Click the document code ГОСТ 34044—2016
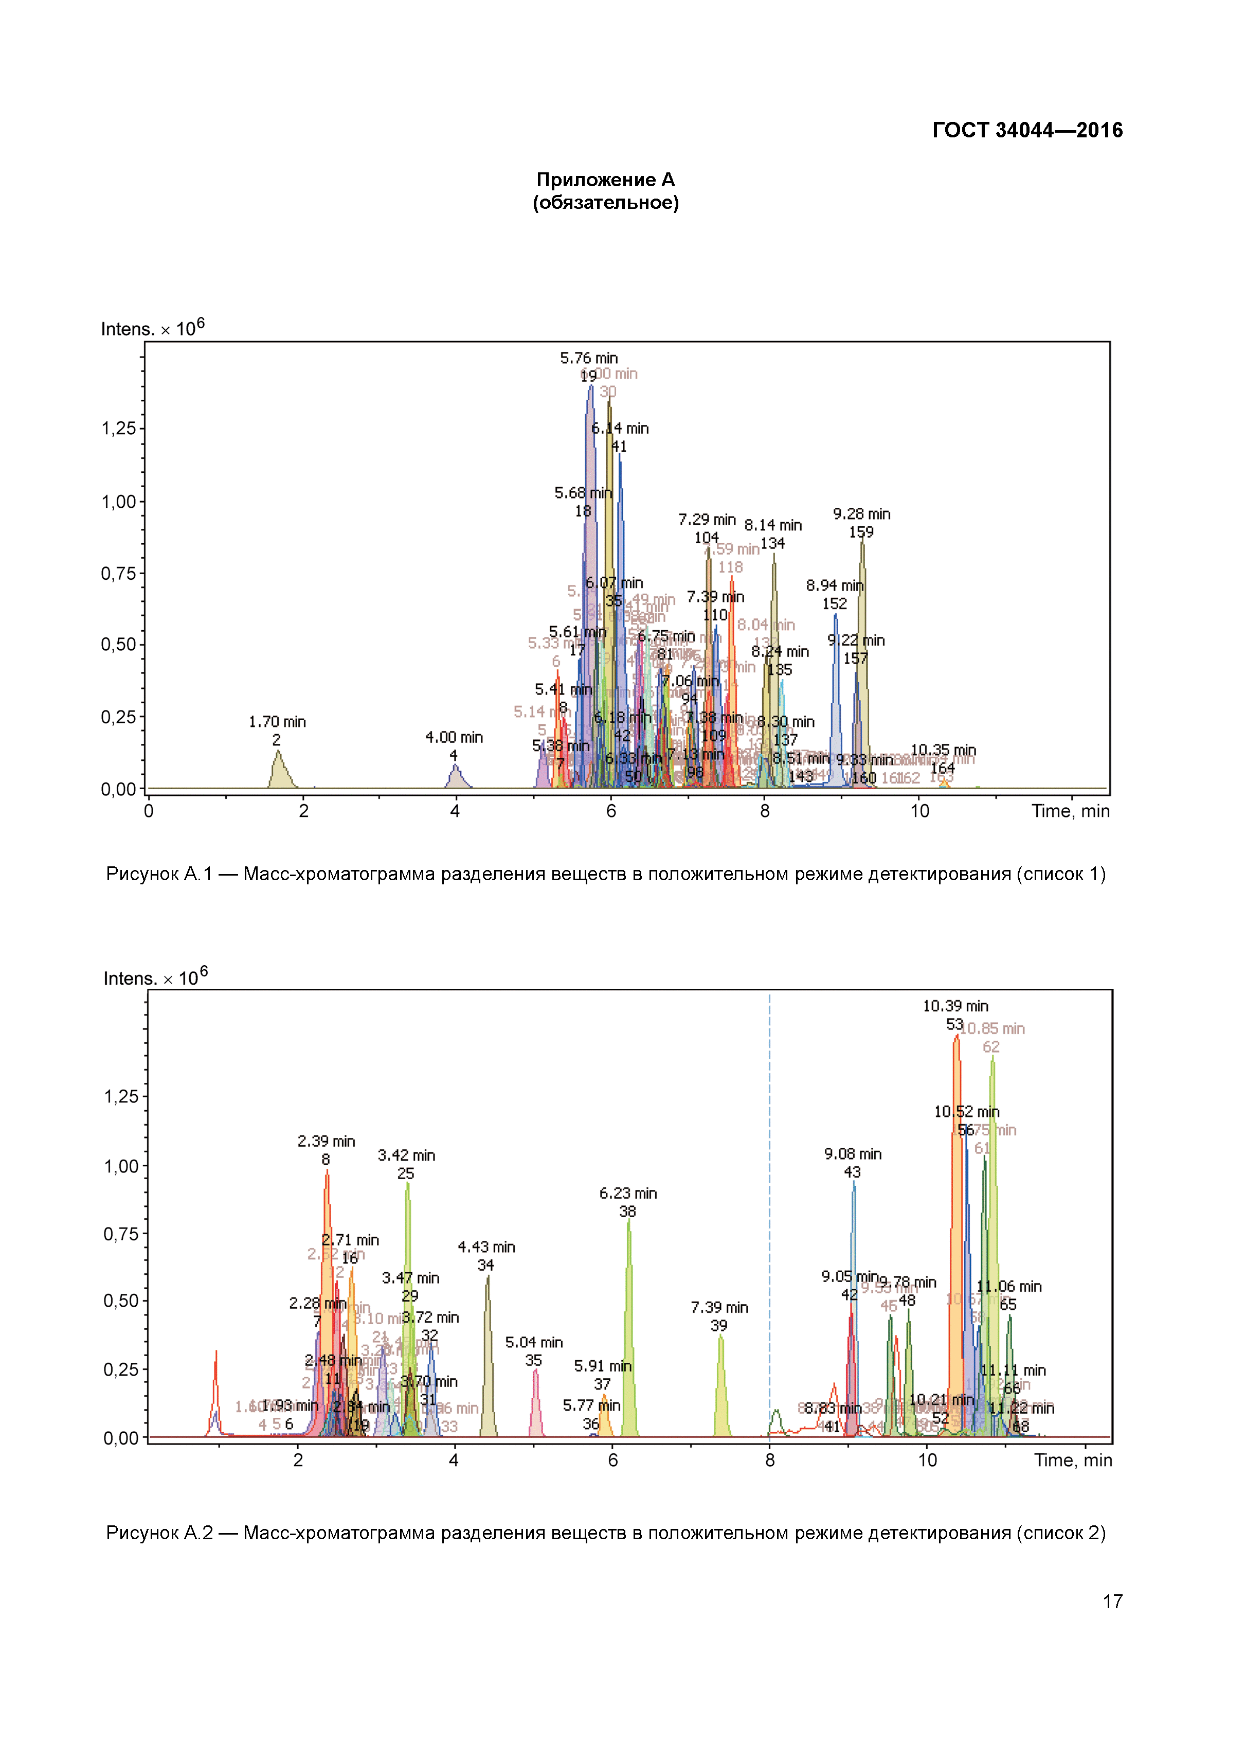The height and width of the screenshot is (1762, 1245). point(1026,131)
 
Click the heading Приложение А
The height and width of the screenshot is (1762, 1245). point(605,180)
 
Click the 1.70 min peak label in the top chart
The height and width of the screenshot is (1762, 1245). point(277,722)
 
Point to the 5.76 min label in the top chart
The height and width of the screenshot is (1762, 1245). point(588,359)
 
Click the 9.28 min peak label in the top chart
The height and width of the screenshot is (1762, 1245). point(861,514)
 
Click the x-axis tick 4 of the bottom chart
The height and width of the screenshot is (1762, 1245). point(454,1461)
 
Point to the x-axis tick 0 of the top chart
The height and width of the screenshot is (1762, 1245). point(149,811)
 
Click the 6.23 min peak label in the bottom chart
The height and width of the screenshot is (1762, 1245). point(627,1194)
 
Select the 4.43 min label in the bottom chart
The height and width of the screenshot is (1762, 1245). point(486,1247)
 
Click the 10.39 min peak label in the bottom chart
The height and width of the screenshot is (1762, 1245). point(955,1006)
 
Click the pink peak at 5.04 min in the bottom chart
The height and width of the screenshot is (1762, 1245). point(535,1406)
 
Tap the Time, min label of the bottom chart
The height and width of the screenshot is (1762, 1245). point(1072,1461)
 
